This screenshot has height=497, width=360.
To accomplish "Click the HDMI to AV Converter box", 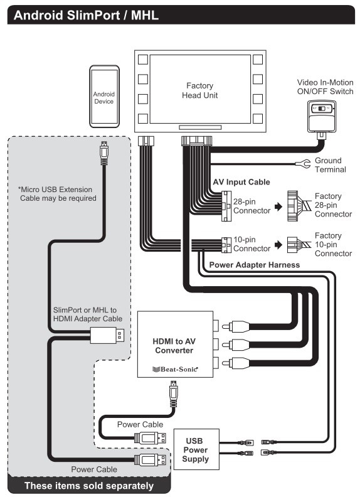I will point(175,344).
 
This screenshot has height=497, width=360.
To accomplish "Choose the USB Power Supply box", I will point(197,450).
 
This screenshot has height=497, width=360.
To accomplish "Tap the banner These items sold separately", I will point(88,485).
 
